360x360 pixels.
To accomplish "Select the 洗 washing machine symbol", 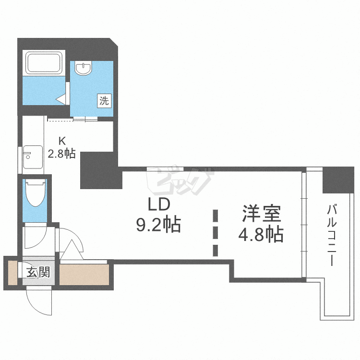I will point(105,101).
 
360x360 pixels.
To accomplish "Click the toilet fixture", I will point(35,192).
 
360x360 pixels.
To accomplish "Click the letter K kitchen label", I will point(61,141).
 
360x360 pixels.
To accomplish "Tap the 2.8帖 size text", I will point(61,154).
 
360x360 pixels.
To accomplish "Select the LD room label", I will point(158,205).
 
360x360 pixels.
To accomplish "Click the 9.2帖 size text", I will point(158,224).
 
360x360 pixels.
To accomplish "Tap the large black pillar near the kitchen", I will point(99,170).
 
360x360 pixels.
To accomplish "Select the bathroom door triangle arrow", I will point(61,99).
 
